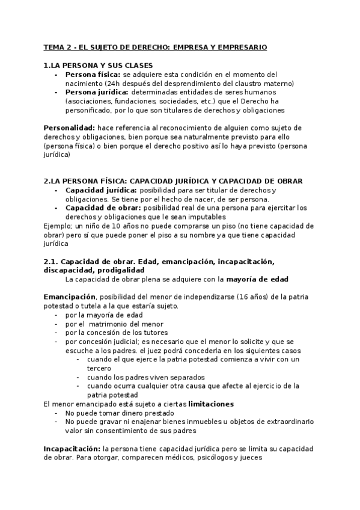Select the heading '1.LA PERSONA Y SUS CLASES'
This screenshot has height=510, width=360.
point(98,65)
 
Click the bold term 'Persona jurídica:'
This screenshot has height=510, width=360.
point(96,93)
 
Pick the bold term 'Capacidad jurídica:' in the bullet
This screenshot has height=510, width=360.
point(101,190)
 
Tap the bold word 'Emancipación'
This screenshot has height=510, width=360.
point(70,296)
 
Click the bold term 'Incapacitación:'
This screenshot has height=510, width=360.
point(72,448)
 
